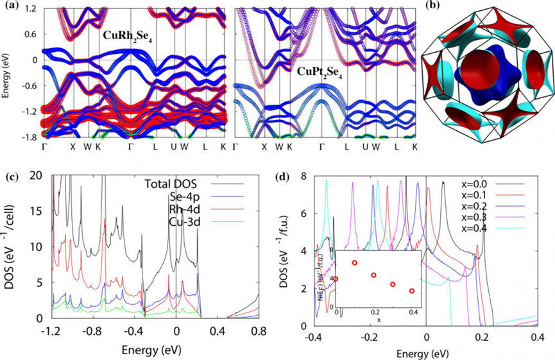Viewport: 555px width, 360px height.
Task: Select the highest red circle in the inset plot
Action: pyautogui.click(x=354, y=262)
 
